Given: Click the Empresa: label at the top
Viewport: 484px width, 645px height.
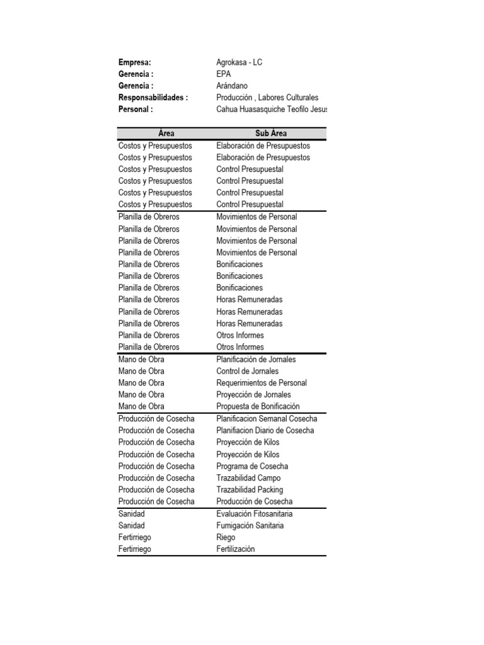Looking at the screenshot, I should pos(135,62).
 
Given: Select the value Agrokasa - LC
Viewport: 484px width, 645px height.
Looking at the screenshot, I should pos(239,62).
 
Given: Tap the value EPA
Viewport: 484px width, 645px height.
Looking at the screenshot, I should pos(224,74).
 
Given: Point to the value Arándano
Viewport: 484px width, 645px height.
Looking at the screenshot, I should pos(232,86).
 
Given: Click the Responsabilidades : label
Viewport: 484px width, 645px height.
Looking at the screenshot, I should pos(153,98).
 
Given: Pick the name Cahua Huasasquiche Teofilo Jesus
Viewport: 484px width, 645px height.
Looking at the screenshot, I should pos(272,109).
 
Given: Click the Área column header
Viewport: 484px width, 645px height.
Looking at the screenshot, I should pos(166,134).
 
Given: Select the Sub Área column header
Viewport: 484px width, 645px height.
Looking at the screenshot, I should pos(271,134).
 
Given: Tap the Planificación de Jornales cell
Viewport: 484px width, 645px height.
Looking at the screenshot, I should pos(256,359).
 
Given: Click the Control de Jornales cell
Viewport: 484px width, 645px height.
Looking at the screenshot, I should pos(247,371).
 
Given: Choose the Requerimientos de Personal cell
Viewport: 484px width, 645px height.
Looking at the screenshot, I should pos(262,383).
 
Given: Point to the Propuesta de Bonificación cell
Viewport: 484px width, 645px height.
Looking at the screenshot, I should pos(258,406).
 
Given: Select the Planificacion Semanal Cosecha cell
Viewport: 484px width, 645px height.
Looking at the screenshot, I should pos(267,419).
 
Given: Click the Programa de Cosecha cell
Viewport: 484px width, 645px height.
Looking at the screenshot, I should pos(252,466).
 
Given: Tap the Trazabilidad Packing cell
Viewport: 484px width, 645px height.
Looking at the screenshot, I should pos(250,489).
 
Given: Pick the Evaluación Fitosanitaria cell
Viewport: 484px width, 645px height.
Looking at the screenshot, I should pos(254,514).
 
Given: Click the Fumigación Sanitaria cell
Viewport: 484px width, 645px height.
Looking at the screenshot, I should pos(250,525).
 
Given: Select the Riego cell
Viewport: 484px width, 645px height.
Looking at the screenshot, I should pos(226,537).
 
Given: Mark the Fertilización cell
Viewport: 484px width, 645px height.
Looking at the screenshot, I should pos(236,549).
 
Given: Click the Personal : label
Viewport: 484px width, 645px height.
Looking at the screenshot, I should pos(135,109).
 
